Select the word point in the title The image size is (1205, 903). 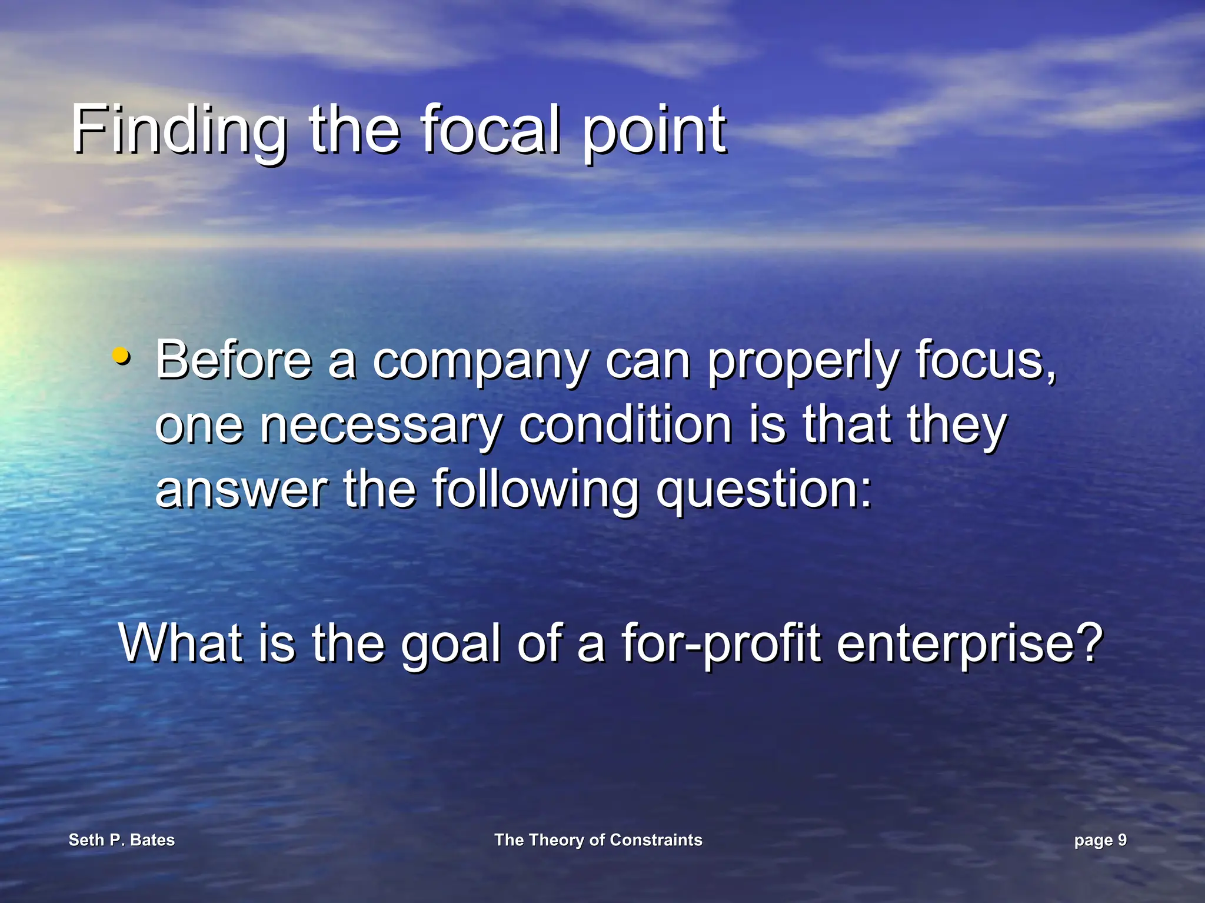tap(654, 131)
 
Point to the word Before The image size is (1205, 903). tap(234, 360)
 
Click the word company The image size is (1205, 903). tap(480, 363)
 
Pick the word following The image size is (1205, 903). tap(535, 490)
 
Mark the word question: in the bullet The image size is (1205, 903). tap(764, 492)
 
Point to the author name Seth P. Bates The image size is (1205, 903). tap(122, 840)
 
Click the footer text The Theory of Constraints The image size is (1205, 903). tap(598, 840)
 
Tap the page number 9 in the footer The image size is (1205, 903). tap(1122, 840)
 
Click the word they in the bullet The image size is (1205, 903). tap(957, 427)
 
